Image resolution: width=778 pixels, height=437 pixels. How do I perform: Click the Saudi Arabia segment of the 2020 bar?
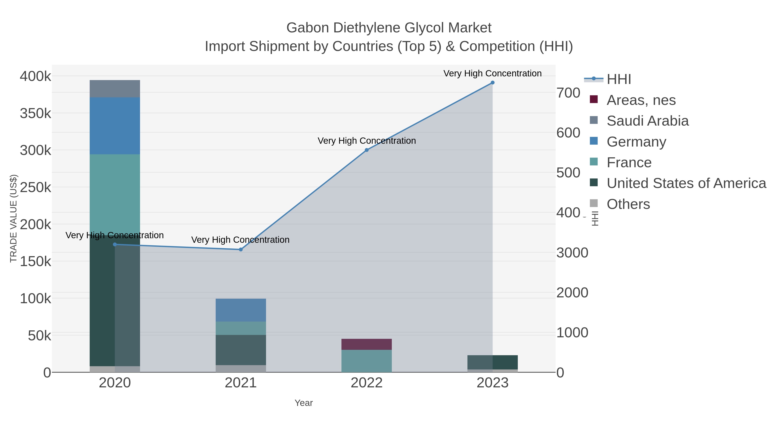pyautogui.click(x=115, y=89)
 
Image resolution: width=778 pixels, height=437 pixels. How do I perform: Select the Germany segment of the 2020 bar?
pyautogui.click(x=115, y=126)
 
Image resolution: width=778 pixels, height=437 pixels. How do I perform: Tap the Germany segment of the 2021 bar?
pyautogui.click(x=241, y=310)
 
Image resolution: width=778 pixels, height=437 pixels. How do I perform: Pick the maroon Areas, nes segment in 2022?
pyautogui.click(x=366, y=344)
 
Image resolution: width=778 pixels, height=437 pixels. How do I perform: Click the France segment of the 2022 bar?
pyautogui.click(x=366, y=361)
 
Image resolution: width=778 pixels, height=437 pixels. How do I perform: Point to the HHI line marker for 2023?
pyautogui.click(x=492, y=83)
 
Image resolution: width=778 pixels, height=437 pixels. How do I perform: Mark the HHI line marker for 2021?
pyautogui.click(x=241, y=249)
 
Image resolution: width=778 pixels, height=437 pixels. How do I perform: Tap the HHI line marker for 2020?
pyautogui.click(x=115, y=245)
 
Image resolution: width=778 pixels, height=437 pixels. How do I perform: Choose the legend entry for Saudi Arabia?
pyautogui.click(x=647, y=121)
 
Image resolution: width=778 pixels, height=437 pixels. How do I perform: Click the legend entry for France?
pyautogui.click(x=629, y=162)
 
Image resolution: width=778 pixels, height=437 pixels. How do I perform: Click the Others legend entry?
pyautogui.click(x=628, y=204)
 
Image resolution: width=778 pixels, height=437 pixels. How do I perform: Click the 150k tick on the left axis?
pyautogui.click(x=35, y=262)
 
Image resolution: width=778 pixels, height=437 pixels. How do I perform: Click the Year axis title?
pyautogui.click(x=304, y=403)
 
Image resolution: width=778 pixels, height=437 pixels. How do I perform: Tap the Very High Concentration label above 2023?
pyautogui.click(x=492, y=73)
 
